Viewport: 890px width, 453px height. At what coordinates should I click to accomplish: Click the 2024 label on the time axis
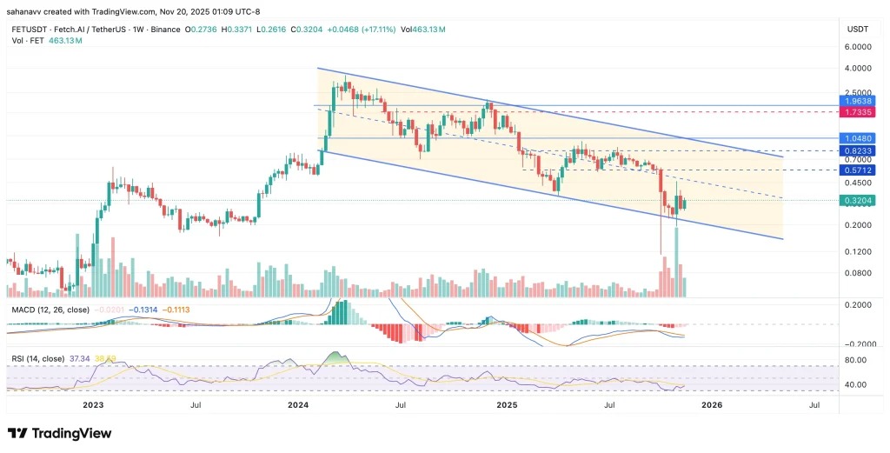(x=298, y=404)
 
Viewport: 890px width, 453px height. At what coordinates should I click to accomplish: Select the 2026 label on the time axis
(x=711, y=404)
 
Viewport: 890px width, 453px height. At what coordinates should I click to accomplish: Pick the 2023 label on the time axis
(x=92, y=404)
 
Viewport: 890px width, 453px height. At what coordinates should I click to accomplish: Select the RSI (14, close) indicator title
(x=37, y=357)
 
